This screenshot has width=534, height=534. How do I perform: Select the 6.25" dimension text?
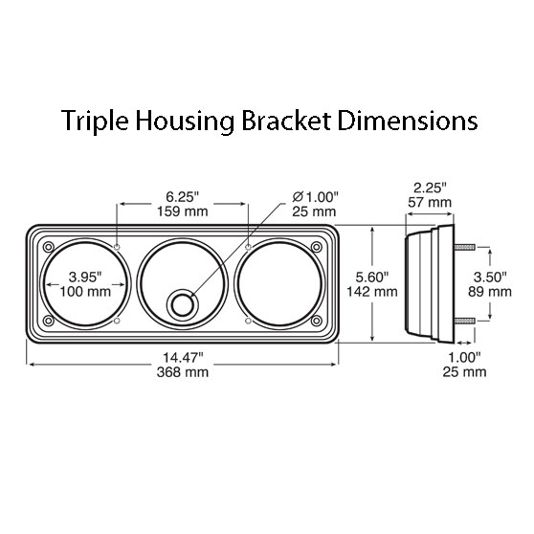(x=183, y=196)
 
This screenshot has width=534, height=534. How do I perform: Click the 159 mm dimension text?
(x=183, y=211)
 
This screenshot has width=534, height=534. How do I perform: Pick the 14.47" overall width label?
(x=183, y=357)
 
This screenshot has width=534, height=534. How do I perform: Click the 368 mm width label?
(x=183, y=371)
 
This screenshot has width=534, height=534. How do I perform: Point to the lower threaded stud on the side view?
(x=463, y=319)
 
